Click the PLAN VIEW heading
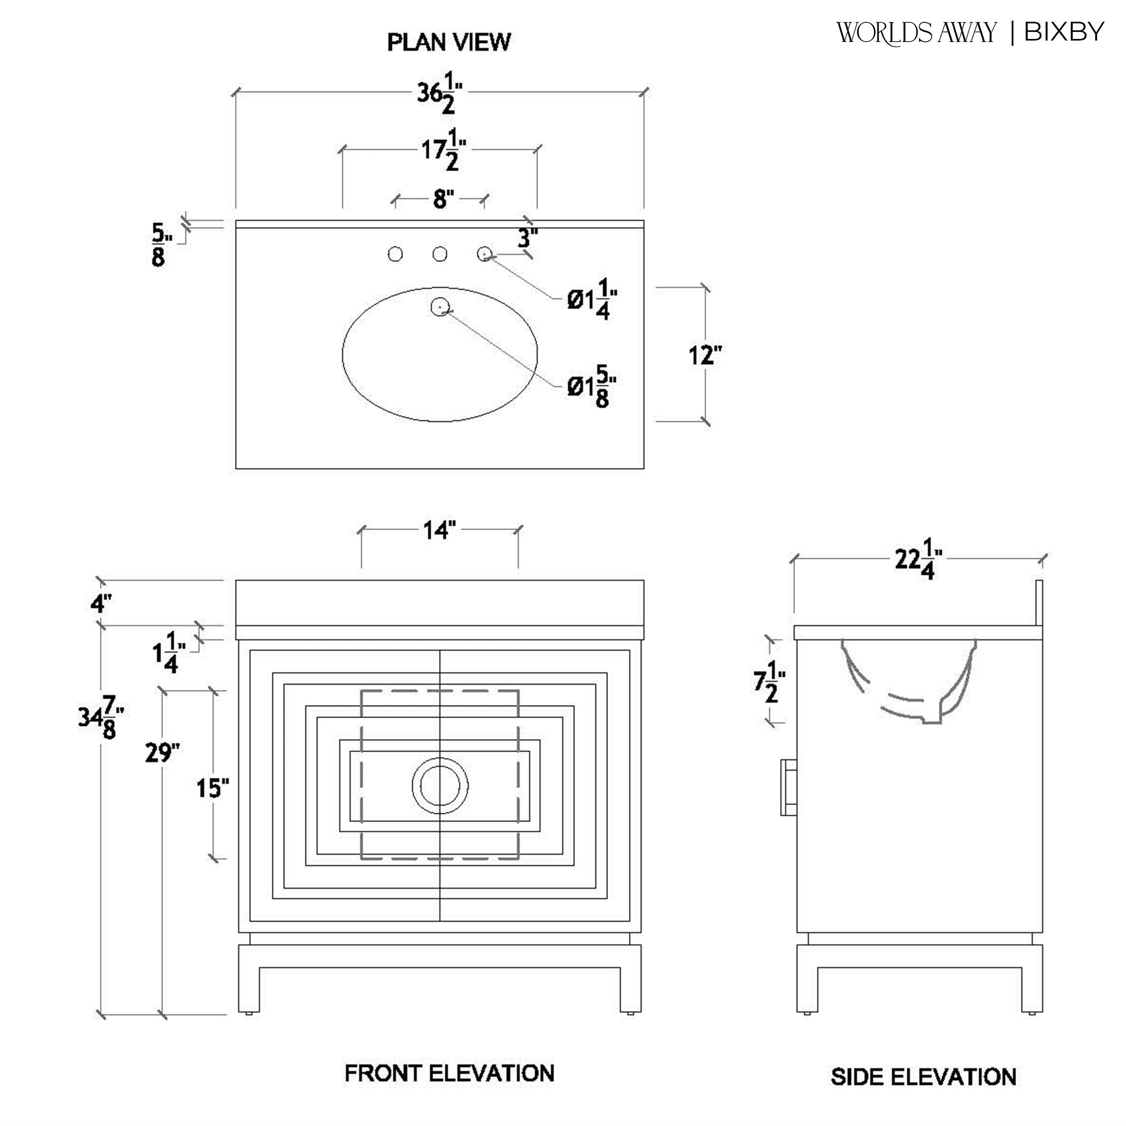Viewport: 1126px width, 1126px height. click(x=449, y=42)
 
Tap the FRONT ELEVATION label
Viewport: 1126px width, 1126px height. click(x=449, y=1073)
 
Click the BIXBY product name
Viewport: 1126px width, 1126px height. click(x=1064, y=32)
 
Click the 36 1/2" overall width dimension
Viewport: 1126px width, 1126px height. click(x=440, y=95)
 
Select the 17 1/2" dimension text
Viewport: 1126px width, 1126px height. click(x=443, y=153)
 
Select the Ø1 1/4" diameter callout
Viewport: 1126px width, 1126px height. click(x=592, y=300)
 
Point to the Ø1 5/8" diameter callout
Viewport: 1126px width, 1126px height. click(x=592, y=387)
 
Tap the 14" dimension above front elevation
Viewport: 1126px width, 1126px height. click(x=439, y=530)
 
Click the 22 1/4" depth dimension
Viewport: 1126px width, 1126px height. click(x=918, y=563)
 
